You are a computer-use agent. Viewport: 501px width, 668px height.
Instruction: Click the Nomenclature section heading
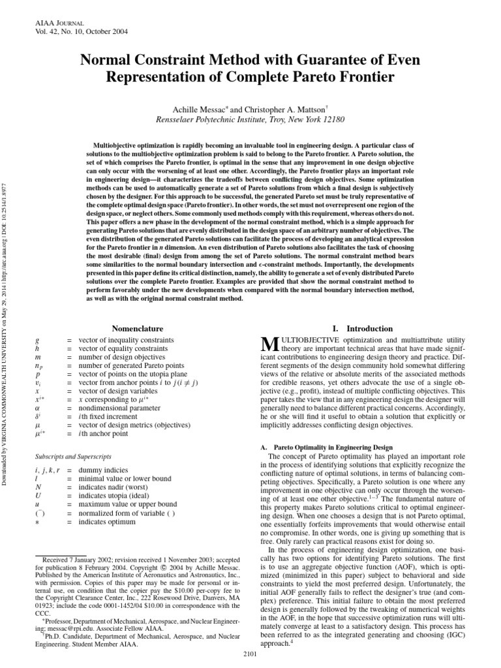138,329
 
